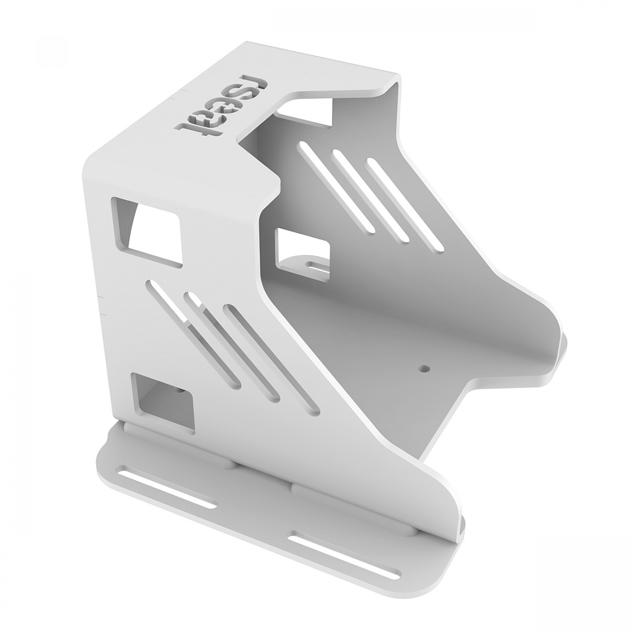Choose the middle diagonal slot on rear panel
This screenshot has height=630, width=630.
(x=370, y=196)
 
